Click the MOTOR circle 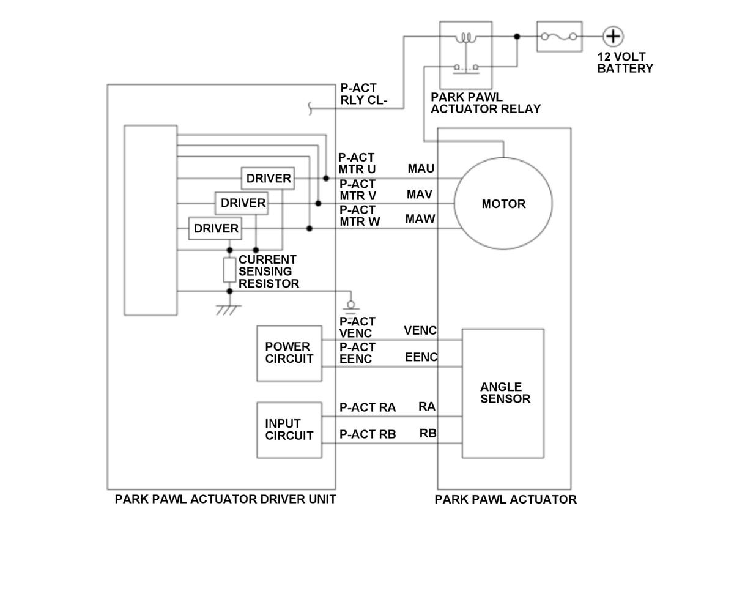coord(503,203)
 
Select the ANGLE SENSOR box coord(502,393)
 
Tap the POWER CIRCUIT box coord(289,353)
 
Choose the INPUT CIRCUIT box coord(289,429)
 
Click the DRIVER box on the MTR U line coord(268,179)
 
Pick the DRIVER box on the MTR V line coord(242,203)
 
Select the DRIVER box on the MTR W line coord(215,228)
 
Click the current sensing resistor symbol coord(229,270)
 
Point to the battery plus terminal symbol coord(612,37)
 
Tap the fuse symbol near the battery coord(559,37)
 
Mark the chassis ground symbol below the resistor coord(228,308)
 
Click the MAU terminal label coord(421,168)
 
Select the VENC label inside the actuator coord(420,330)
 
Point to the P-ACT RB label coord(368,434)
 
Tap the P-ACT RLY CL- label coord(363,94)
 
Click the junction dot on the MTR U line coord(326,179)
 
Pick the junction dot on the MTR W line coord(310,228)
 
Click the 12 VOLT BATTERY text coord(625,62)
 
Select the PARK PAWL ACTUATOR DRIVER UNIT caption coord(225,499)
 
